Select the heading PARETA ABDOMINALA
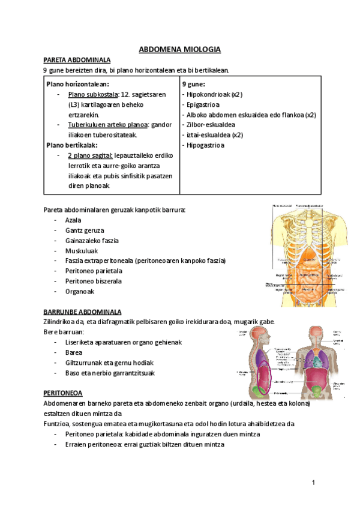pyautogui.click(x=77, y=60)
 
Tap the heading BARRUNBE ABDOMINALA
pyautogui.click(x=83, y=312)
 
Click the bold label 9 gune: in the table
pyautogui.click(x=193, y=84)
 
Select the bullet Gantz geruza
pyautogui.click(x=85, y=230)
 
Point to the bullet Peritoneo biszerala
pyautogui.click(x=94, y=281)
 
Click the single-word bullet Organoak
pyautogui.click(x=80, y=291)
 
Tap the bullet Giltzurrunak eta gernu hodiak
pyautogui.click(x=110, y=363)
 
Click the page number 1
pyautogui.click(x=313, y=484)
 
